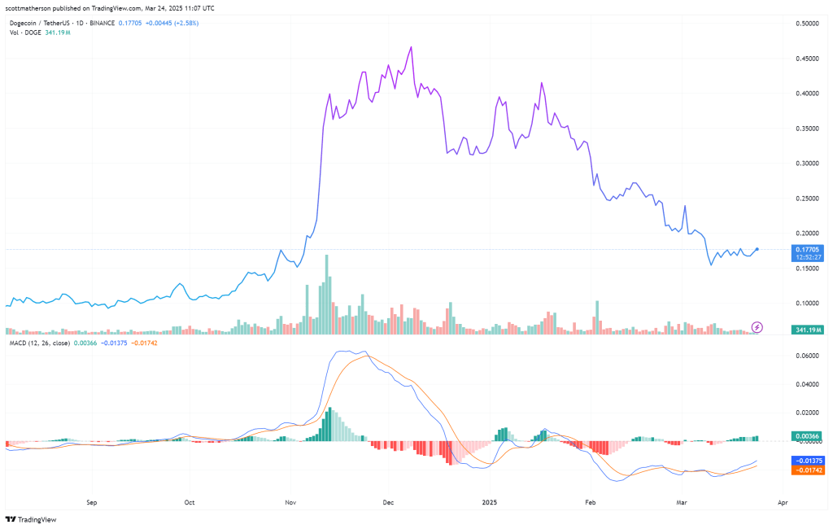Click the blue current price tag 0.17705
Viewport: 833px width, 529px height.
[809, 250]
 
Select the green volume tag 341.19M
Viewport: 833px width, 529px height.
[809, 330]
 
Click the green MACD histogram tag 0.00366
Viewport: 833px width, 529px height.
[809, 436]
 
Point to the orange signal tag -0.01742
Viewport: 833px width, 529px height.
[809, 470]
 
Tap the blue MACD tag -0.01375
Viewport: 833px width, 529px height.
[809, 461]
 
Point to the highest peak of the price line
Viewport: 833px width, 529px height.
[412, 47]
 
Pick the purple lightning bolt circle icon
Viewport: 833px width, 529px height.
[757, 327]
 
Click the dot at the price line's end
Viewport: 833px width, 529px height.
[757, 249]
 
